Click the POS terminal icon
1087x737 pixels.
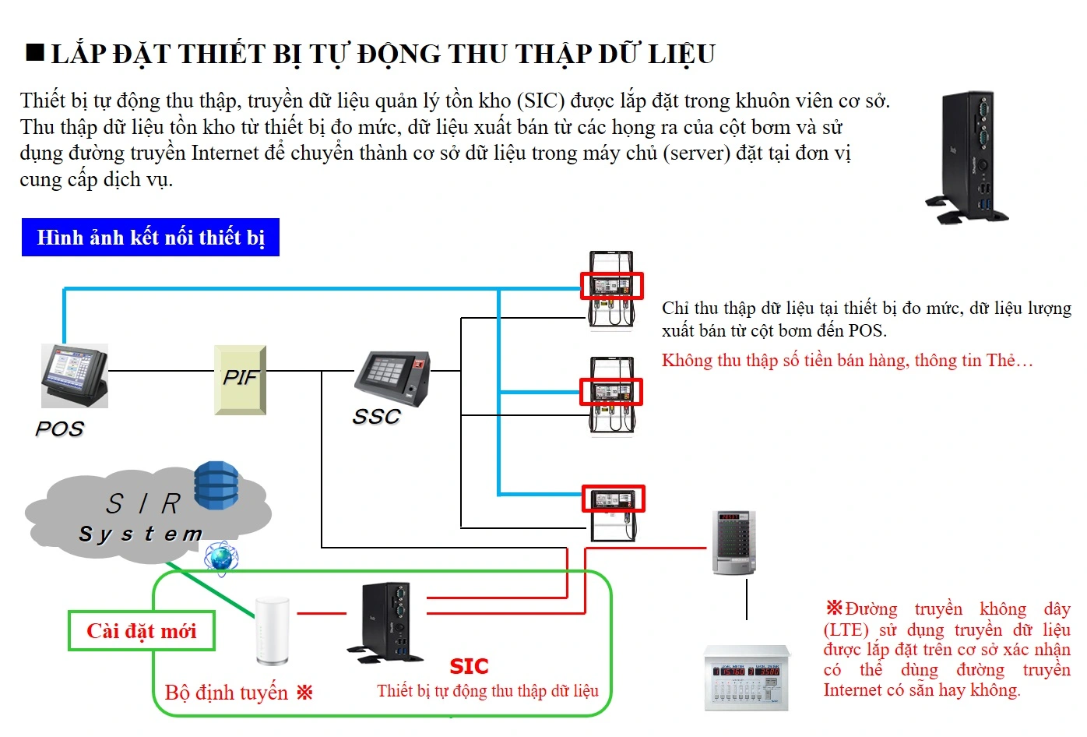click(x=75, y=376)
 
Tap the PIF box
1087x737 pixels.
click(x=240, y=379)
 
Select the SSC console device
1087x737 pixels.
click(x=392, y=378)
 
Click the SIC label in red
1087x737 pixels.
click(x=469, y=666)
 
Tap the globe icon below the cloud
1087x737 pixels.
click(x=221, y=558)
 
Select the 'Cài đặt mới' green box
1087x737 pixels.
click(x=141, y=631)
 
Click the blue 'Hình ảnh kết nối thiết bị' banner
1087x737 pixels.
click(x=150, y=238)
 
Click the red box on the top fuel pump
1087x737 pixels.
click(x=612, y=286)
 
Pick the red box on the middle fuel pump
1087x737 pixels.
click(x=611, y=392)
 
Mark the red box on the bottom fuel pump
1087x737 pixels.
click(x=614, y=499)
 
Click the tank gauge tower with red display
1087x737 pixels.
click(x=734, y=543)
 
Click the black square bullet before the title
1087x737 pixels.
click(x=35, y=53)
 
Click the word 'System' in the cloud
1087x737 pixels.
click(x=141, y=534)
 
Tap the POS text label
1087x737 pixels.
click(x=59, y=428)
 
